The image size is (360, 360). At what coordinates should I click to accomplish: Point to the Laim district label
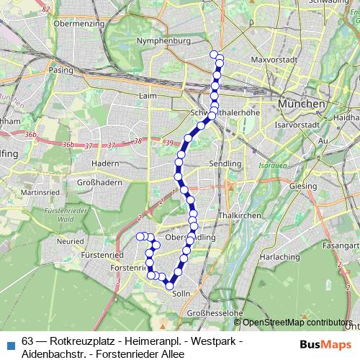[x=149, y=95]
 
